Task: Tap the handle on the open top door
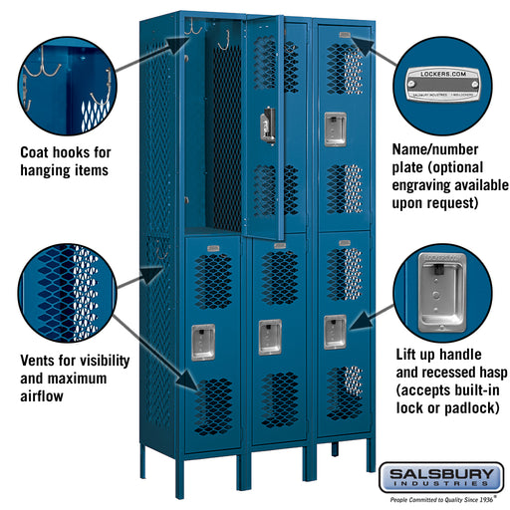tap(266, 126)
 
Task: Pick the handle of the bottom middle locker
tap(269, 337)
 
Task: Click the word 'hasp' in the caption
tap(483, 373)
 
